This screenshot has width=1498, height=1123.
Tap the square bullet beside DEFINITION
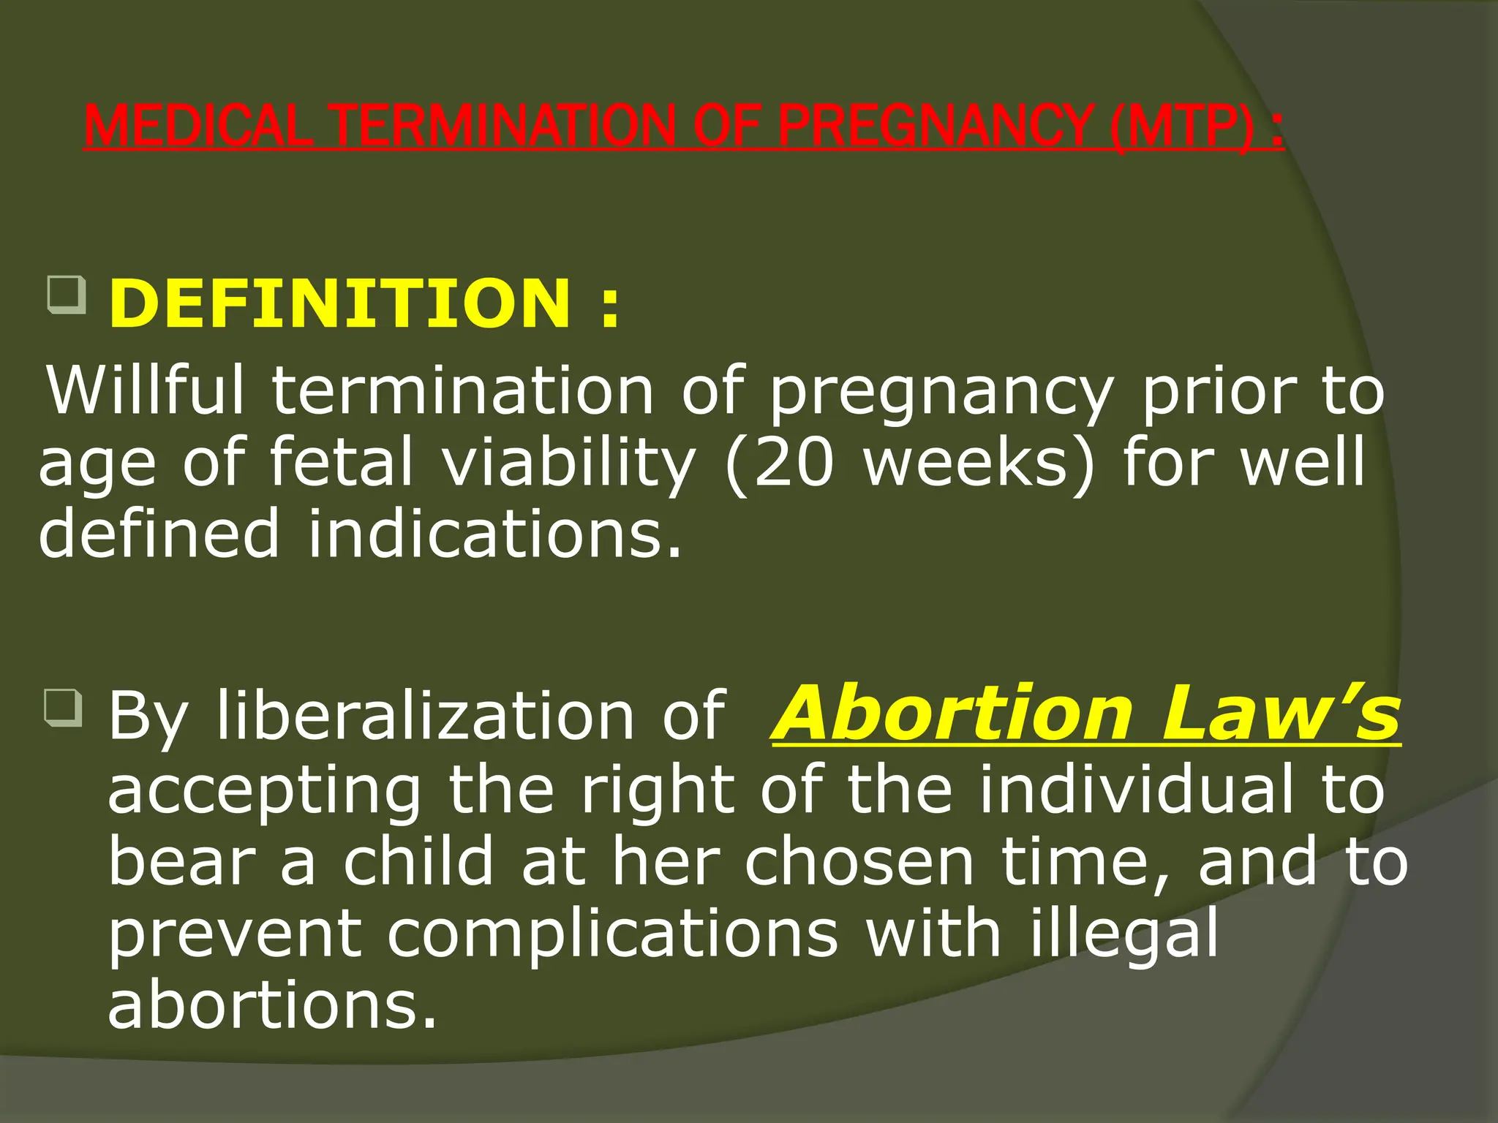click(x=67, y=295)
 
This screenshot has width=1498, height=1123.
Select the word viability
click(x=569, y=462)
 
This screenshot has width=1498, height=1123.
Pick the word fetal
click(x=342, y=462)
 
